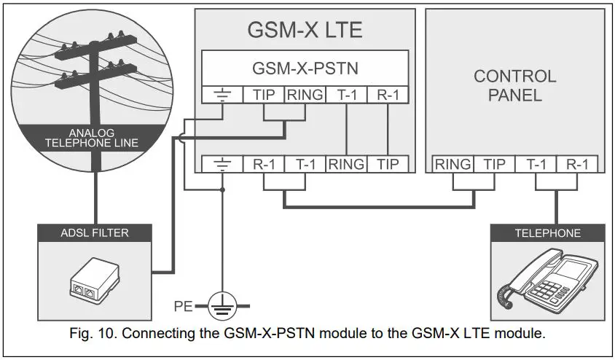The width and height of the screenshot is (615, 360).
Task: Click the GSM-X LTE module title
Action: (x=305, y=30)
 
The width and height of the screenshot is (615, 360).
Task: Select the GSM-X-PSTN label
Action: (x=305, y=69)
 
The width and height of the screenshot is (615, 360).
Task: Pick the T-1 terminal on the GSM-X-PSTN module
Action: (x=345, y=95)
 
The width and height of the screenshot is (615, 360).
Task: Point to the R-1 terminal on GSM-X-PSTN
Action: (x=387, y=95)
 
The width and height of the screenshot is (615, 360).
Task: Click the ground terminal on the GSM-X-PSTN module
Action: (x=222, y=95)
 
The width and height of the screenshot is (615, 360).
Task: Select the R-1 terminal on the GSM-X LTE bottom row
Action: (x=263, y=164)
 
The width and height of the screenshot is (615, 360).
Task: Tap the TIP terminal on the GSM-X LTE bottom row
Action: (x=387, y=164)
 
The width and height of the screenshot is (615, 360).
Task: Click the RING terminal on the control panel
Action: (x=452, y=164)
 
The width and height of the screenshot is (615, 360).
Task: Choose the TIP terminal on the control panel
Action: (x=493, y=164)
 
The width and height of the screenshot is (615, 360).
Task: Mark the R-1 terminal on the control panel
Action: (x=577, y=164)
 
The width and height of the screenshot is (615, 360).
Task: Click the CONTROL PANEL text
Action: (x=514, y=85)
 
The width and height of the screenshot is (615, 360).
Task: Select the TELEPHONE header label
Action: (x=547, y=234)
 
